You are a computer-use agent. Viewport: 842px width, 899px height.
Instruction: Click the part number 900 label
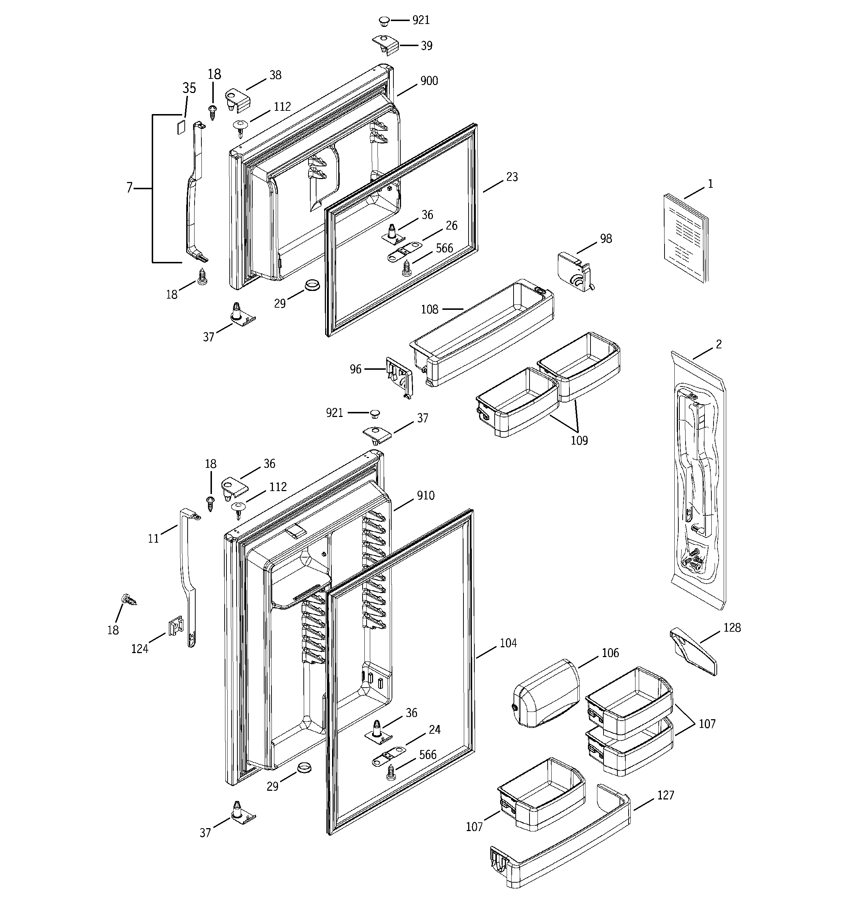(429, 81)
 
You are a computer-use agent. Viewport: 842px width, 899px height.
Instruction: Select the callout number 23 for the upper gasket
(512, 177)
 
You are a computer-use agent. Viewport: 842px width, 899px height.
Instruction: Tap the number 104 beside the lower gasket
(508, 643)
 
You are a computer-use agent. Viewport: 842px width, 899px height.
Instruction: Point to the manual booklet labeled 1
(685, 238)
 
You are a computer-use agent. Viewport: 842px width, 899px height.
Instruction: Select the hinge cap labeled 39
(386, 45)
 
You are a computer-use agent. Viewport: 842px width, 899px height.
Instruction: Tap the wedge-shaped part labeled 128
(693, 652)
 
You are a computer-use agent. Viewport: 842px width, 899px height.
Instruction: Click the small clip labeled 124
(175, 626)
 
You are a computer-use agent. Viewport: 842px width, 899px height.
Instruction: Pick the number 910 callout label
(425, 495)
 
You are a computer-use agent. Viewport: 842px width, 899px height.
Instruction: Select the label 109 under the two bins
(579, 440)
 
